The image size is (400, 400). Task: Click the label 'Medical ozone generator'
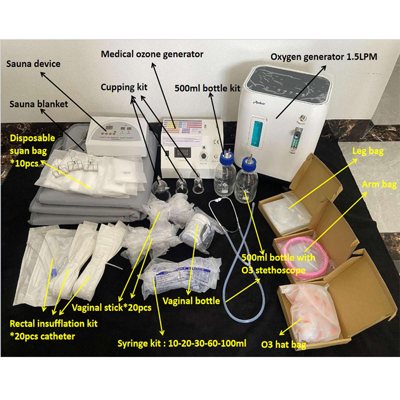tap(152, 53)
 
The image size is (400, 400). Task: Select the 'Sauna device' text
tap(33, 64)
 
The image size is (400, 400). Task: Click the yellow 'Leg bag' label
tap(366, 150)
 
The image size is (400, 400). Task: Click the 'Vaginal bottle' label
tap(191, 301)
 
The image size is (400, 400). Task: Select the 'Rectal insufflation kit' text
tap(54, 323)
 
